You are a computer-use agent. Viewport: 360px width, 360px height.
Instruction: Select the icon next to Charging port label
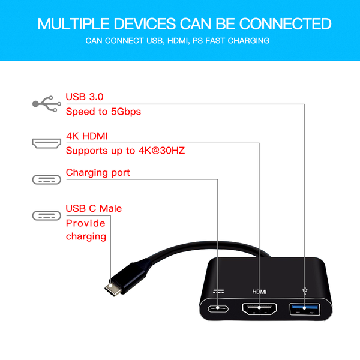46,179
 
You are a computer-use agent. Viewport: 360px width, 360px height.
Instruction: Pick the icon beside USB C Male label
46,215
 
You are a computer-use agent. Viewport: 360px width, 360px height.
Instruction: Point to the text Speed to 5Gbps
103,112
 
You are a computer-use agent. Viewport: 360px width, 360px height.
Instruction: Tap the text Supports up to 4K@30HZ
125,150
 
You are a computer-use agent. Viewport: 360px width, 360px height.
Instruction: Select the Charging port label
98,173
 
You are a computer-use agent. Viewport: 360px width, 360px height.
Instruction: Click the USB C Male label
94,209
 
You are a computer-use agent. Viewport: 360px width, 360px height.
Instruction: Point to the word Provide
85,223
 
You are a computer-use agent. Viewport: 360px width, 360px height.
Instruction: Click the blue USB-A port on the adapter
304,310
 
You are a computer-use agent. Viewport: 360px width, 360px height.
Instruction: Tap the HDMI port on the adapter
260,311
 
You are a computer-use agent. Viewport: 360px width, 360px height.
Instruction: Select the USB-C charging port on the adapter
218,310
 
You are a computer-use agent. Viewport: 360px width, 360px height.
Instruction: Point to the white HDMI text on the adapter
259,292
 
